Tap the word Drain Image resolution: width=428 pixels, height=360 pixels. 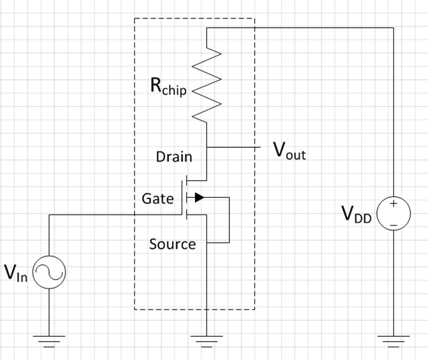click(174, 157)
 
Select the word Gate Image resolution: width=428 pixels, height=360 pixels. click(157, 198)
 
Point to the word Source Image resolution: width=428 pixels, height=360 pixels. click(173, 244)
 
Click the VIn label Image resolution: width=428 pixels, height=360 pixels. click(16, 273)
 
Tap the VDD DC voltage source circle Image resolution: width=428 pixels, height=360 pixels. click(393, 214)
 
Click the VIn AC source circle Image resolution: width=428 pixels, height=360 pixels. click(49, 272)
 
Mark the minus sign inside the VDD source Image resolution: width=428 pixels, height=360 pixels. click(393, 224)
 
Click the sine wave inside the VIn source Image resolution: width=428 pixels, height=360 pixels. click(49, 272)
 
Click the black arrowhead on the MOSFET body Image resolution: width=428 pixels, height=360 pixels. click(200, 197)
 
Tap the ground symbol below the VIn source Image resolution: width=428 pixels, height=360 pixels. click(49, 340)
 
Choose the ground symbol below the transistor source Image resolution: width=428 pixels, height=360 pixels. click(207, 340)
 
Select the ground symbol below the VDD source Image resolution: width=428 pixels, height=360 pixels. click(393, 340)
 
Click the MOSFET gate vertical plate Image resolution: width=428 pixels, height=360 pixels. click(182, 198)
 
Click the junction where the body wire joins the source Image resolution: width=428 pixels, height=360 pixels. click(207, 243)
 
